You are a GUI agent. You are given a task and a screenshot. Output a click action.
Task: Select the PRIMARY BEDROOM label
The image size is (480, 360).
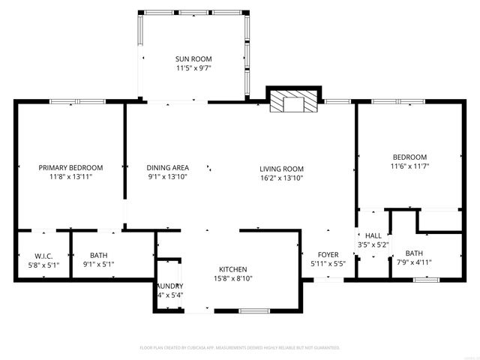pos(70,167)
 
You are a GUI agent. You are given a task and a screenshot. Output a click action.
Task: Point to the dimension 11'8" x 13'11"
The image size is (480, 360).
pos(70,177)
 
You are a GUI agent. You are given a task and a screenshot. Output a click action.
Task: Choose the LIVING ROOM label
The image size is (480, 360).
pos(281,169)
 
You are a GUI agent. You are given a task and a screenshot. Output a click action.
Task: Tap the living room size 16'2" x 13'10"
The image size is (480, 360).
pos(281,178)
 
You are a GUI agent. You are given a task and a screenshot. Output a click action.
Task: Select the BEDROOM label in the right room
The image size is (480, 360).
pos(409,156)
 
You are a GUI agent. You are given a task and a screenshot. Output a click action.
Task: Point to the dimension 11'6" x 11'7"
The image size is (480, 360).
pos(409,166)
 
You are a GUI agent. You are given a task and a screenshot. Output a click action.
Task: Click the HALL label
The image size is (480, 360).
pos(373,235)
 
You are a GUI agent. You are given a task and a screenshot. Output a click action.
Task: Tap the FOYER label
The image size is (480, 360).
pos(328,254)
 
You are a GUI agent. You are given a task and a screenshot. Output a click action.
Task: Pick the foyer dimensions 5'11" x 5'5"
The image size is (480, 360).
pos(328,264)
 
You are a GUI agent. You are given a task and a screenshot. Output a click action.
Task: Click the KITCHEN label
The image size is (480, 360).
pos(232,269)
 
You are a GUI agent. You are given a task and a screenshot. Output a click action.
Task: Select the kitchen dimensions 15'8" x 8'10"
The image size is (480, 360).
pos(232,279)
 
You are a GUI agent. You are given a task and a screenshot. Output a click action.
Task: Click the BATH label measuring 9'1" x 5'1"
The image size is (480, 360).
pos(98,254)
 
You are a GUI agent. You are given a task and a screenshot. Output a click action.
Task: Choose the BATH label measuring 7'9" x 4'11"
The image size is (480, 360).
pos(414,253)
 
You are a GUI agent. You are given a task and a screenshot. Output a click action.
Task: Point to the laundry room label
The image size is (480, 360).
pos(169,286)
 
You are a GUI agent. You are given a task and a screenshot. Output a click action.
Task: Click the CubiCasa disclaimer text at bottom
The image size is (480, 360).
pos(240,348)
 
